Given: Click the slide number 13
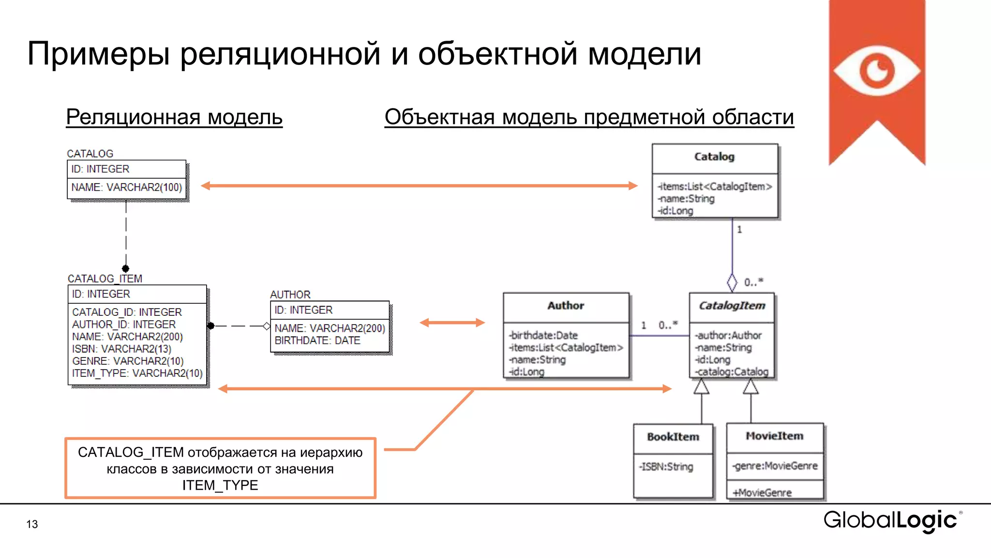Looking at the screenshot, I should pyautogui.click(x=32, y=524).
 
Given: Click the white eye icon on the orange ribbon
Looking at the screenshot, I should pyautogui.click(x=876, y=71).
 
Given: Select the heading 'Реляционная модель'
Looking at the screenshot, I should pyautogui.click(x=174, y=117).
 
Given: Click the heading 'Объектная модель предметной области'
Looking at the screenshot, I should pyautogui.click(x=589, y=117).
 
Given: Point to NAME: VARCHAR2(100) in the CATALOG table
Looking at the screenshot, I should pyautogui.click(x=127, y=187).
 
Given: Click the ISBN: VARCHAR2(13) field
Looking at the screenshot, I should pyautogui.click(x=121, y=349).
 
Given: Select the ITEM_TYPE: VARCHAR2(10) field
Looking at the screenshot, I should pyautogui.click(x=137, y=373).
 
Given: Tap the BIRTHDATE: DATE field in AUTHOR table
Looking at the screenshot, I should pyautogui.click(x=317, y=341).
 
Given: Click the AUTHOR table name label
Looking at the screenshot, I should pyautogui.click(x=290, y=294).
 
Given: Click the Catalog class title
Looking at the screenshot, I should pyautogui.click(x=714, y=157).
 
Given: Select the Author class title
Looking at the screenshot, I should pyautogui.click(x=566, y=306).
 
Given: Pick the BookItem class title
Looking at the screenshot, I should pyautogui.click(x=673, y=437).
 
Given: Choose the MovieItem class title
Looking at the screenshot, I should pyautogui.click(x=774, y=436).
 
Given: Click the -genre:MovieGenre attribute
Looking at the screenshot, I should pyautogui.click(x=775, y=466).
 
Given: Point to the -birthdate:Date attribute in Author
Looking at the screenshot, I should pyautogui.click(x=543, y=335).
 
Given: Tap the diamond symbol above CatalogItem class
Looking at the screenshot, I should pyautogui.click(x=732, y=283).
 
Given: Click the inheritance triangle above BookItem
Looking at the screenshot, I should pyautogui.click(x=701, y=387).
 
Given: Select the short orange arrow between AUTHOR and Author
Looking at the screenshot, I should pyautogui.click(x=452, y=323).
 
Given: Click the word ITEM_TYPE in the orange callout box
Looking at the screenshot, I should pyautogui.click(x=220, y=485).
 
